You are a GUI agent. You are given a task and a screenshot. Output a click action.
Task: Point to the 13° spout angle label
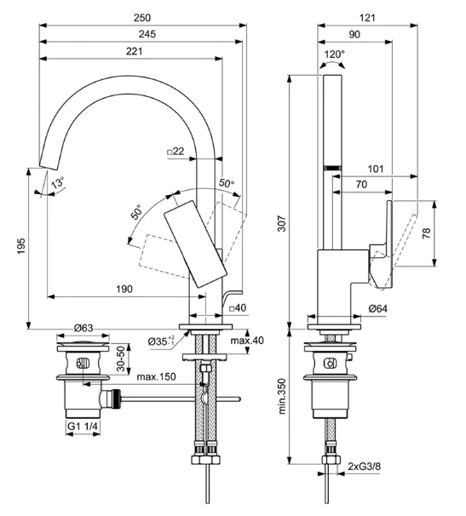click(x=57, y=184)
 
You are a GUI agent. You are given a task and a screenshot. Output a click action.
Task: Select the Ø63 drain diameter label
click(x=83, y=328)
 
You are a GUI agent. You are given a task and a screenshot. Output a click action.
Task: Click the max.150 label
click(x=157, y=377)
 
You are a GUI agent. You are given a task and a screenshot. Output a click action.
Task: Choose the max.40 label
click(x=247, y=341)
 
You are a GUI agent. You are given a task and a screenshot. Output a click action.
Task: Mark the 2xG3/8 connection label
click(x=365, y=466)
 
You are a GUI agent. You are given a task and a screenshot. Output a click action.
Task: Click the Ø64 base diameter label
click(x=380, y=308)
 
